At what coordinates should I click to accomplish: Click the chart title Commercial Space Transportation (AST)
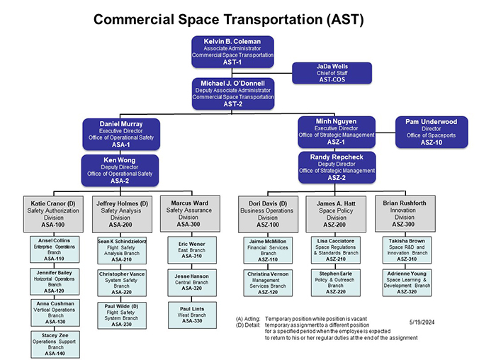click(228, 19)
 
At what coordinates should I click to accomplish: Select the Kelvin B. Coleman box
click(232, 51)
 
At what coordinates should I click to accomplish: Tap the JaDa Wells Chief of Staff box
click(332, 73)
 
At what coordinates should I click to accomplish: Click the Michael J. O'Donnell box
click(232, 94)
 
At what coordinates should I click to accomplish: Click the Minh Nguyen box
click(337, 132)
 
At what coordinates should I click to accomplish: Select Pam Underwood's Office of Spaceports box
click(431, 132)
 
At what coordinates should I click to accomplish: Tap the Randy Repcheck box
click(337, 167)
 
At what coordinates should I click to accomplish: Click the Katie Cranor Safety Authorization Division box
click(54, 213)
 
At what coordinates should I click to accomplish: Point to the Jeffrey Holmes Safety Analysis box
click(122, 213)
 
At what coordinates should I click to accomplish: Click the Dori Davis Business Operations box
click(268, 213)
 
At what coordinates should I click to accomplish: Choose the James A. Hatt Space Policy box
click(336, 213)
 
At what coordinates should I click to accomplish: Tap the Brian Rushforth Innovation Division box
click(405, 213)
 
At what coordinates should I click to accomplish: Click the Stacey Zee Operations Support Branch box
click(54, 344)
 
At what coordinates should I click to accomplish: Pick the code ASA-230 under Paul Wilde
click(122, 324)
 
